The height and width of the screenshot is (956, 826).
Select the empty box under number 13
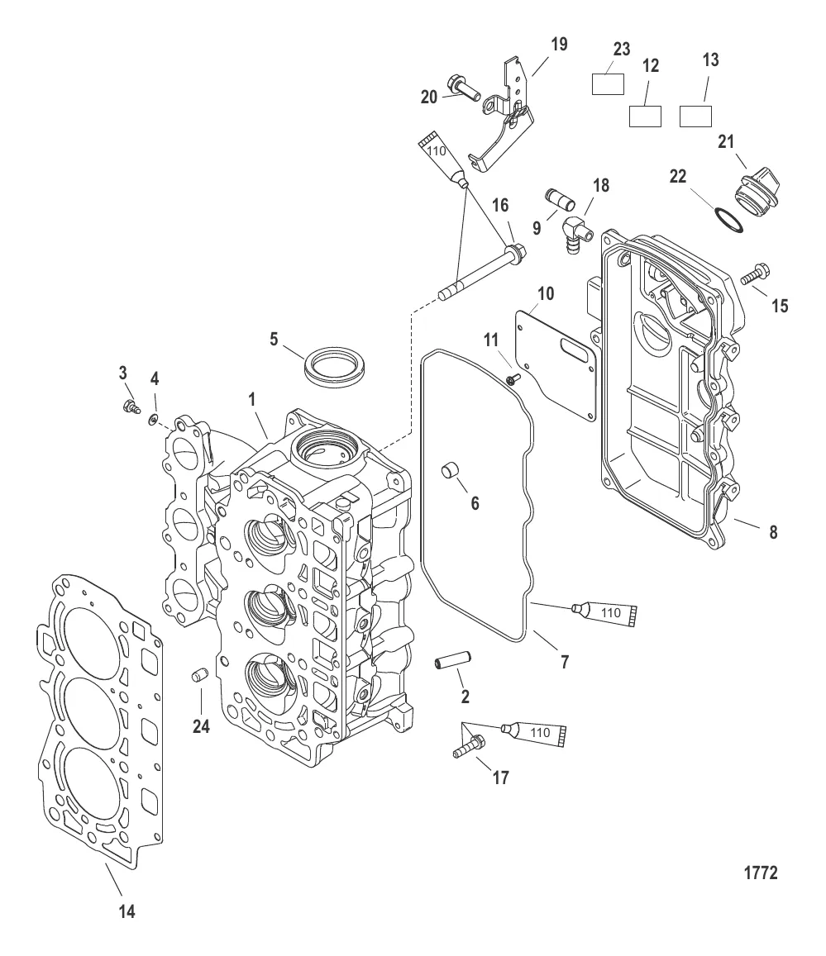click(x=696, y=115)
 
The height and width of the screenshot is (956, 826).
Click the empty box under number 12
click(x=646, y=116)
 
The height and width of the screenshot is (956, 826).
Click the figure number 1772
click(x=760, y=873)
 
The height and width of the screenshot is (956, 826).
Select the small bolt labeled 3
click(x=129, y=406)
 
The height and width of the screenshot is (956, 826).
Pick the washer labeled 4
click(x=153, y=421)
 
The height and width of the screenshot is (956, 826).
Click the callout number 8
click(x=773, y=533)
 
